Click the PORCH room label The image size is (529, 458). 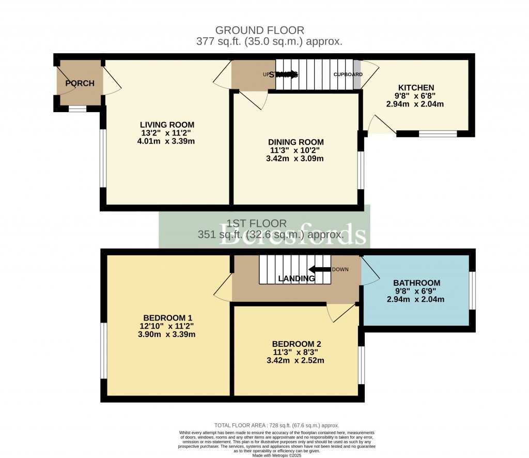click(80, 83)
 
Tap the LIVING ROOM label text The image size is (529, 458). click(167, 125)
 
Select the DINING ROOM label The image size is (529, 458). click(295, 142)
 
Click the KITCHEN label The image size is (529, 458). click(415, 87)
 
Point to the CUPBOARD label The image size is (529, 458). click(348, 74)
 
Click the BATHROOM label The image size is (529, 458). click(416, 283)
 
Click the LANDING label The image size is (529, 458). click(296, 279)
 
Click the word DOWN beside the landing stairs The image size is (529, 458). click(340, 269)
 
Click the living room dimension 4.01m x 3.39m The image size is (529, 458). click(167, 141)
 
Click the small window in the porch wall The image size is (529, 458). click(77, 109)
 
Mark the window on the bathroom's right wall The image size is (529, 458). click(472, 291)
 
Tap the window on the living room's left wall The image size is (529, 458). click(103, 158)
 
